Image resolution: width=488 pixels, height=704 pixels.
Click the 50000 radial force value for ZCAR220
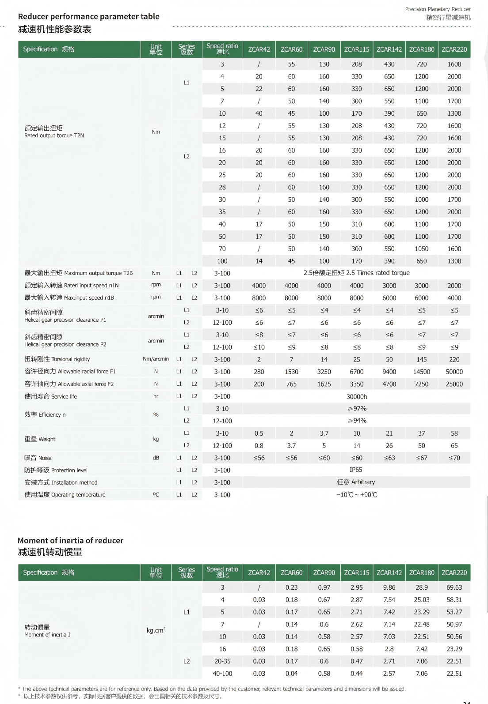454,372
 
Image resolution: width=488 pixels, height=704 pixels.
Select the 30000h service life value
356,396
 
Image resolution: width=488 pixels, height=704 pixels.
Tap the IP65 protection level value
356,470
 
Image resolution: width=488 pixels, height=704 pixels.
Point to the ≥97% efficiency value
357,408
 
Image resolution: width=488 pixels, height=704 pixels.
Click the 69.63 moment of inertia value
454,587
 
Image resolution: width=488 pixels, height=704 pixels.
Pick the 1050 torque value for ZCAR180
421,248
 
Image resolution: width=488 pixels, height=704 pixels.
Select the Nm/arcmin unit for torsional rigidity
156,359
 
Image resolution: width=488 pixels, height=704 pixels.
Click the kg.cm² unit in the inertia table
156,630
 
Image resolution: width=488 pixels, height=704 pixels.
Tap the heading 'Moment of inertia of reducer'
71,540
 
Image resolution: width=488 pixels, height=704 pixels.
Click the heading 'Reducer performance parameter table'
88,16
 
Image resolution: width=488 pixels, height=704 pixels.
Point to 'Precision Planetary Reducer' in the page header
438,9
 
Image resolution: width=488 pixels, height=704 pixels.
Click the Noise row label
38,458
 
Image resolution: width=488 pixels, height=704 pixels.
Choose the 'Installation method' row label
61,482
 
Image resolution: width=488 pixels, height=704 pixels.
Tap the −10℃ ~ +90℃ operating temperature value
356,494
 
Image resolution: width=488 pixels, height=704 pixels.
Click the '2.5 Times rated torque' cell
356,273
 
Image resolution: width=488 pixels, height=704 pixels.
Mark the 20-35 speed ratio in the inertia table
222,661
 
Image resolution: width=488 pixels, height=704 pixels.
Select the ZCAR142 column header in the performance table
389,49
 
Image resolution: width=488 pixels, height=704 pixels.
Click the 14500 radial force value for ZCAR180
421,372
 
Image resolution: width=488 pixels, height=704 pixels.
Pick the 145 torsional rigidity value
421,359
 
